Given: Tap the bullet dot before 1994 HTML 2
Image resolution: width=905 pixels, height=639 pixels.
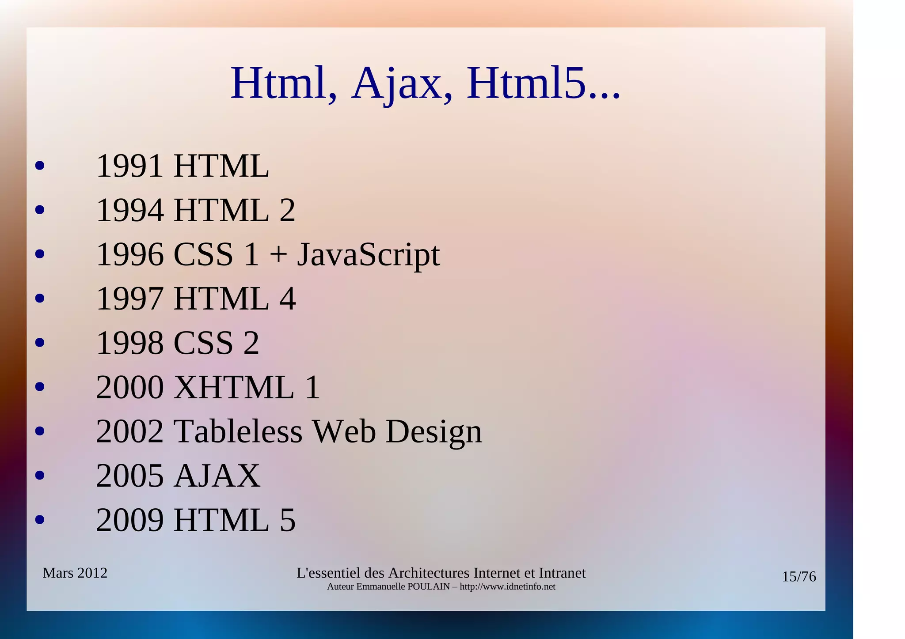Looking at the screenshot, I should (40, 210).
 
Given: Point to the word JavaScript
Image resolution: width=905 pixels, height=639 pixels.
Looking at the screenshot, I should (368, 255).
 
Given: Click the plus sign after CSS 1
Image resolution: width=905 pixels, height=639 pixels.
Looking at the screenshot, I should (278, 255).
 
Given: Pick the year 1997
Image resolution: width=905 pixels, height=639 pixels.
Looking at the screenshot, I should (130, 299).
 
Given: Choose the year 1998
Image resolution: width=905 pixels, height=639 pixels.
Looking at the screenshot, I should (130, 343).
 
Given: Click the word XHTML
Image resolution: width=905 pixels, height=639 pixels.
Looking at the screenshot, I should (234, 387).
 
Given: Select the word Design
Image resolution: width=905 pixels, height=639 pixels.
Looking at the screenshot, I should (433, 432).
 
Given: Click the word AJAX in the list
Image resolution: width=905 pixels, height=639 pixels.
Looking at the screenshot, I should (217, 476).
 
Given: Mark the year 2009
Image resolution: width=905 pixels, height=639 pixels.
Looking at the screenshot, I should (130, 520).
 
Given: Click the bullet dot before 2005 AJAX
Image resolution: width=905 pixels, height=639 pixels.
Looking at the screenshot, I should (40, 476).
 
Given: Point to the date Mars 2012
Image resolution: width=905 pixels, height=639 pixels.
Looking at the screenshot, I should (75, 573).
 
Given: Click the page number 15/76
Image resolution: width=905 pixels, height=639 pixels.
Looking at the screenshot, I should (799, 577).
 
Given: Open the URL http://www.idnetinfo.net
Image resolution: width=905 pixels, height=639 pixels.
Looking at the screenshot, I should (507, 587).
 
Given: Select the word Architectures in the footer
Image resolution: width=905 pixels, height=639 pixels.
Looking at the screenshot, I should (428, 573).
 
